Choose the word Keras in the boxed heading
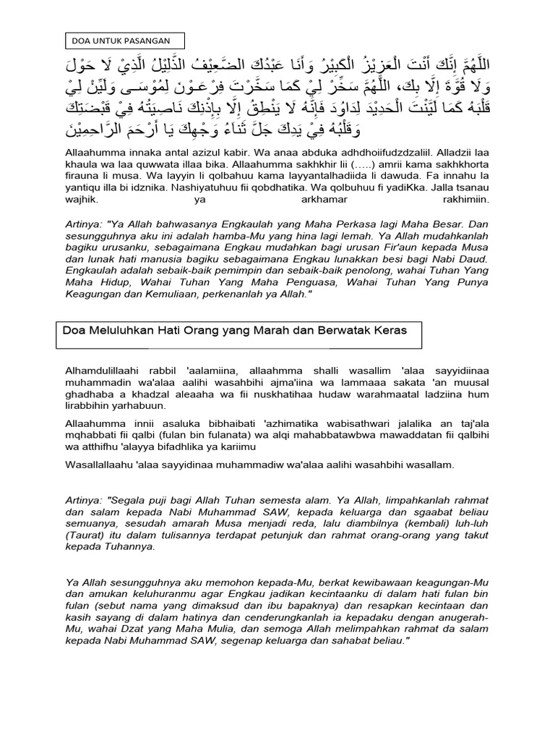pos(390,330)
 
